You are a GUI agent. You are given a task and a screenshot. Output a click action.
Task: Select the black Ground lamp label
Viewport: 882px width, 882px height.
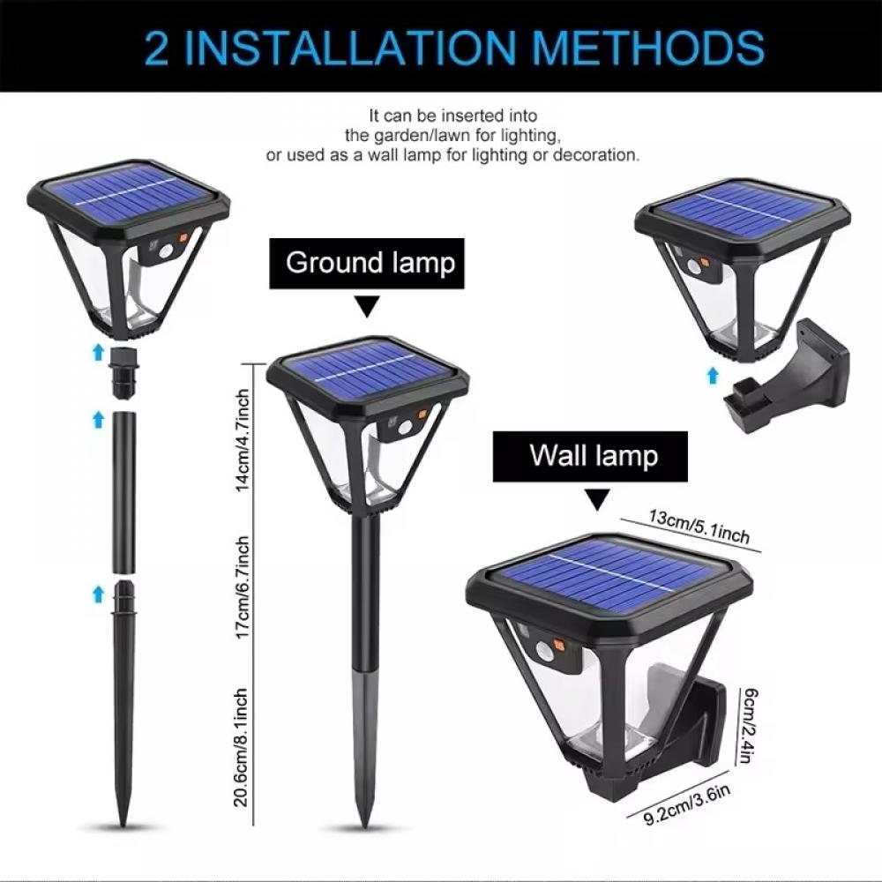[370, 263]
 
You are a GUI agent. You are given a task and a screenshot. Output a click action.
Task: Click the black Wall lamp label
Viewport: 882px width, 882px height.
[593, 456]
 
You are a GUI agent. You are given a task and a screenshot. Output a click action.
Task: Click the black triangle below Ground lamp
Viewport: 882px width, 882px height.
[368, 307]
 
